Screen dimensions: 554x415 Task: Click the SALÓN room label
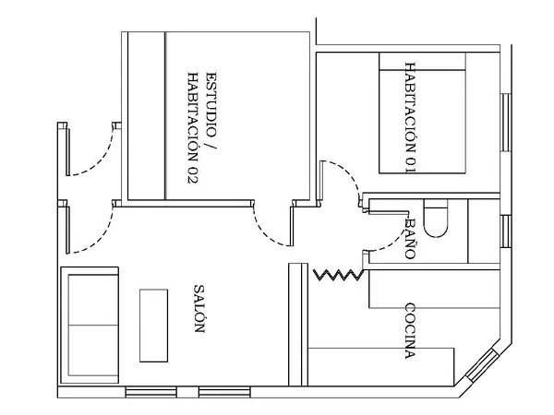pyautogui.click(x=199, y=309)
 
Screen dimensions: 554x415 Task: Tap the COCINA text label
pyautogui.click(x=410, y=331)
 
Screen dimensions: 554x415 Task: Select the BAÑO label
pyautogui.click(x=410, y=239)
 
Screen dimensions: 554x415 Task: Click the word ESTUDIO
pyautogui.click(x=211, y=104)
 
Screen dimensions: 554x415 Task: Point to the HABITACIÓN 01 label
pyautogui.click(x=410, y=118)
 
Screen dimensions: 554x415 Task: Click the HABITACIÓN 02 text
pyautogui.click(x=193, y=128)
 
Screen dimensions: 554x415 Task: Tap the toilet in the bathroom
pyautogui.click(x=436, y=218)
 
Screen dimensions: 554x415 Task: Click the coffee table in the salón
pyautogui.click(x=153, y=326)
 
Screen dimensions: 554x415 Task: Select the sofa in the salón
pyautogui.click(x=90, y=325)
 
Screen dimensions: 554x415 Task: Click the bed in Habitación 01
pyautogui.click(x=422, y=113)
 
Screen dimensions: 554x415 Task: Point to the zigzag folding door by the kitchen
pyautogui.click(x=338, y=275)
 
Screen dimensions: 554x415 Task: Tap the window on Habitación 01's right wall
pyautogui.click(x=506, y=123)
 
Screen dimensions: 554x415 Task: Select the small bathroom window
pyautogui.click(x=506, y=231)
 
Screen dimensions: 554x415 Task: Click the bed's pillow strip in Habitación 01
pyautogui.click(x=422, y=62)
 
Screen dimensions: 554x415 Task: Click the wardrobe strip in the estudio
pyautogui.click(x=146, y=116)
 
